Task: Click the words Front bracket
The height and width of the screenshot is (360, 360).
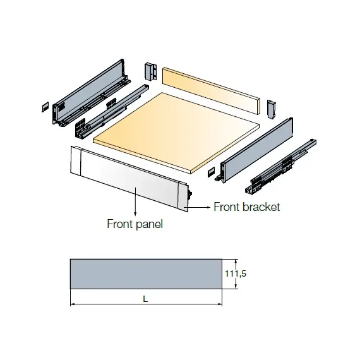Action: point(246,207)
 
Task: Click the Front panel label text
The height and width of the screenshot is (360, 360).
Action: point(135,224)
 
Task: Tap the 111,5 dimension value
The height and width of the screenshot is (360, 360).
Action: point(236,273)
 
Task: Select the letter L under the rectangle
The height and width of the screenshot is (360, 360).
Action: point(145,299)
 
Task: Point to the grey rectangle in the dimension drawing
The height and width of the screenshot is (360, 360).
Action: point(146,274)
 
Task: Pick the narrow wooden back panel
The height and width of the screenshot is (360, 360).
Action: point(211,91)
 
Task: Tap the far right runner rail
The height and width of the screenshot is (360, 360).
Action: point(281,167)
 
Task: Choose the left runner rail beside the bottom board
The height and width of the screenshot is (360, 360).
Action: point(112,111)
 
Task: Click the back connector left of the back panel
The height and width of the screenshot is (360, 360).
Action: point(151,71)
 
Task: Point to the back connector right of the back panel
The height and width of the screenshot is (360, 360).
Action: point(271,109)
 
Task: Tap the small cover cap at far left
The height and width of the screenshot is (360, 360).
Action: point(45,107)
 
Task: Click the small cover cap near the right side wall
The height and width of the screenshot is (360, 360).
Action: point(211,172)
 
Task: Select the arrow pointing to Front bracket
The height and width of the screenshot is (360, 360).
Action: point(199,207)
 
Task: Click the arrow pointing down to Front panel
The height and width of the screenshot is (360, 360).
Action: point(135,201)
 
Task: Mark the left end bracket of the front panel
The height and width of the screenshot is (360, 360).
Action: point(76,160)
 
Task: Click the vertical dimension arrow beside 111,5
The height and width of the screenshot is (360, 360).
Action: point(236,274)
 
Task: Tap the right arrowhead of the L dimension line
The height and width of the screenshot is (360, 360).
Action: point(220,304)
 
